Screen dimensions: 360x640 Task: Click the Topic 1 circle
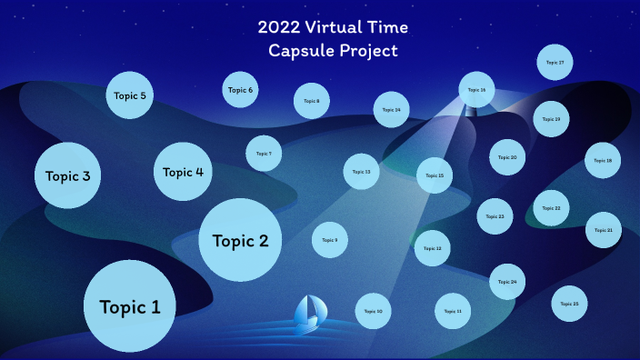point(129,306)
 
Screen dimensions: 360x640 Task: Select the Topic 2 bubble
point(240,240)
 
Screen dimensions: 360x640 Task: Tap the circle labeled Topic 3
point(67,175)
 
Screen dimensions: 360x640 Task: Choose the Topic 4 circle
point(183,171)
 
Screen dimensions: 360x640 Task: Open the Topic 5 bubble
point(130,95)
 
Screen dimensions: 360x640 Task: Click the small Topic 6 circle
point(240,90)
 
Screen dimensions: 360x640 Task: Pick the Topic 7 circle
point(264,154)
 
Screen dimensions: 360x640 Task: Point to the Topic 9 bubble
point(330,240)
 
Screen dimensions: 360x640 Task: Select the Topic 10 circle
point(373,311)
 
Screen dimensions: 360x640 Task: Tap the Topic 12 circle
point(433,247)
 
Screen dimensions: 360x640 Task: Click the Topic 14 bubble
point(391,109)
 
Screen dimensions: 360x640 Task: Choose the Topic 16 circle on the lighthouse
point(476,90)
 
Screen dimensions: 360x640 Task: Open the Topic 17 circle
point(555,63)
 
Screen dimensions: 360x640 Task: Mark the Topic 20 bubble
point(507,157)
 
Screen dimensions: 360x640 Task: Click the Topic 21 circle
point(603,230)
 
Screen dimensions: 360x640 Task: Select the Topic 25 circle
point(570,304)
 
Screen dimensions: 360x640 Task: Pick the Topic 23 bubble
point(495,216)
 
